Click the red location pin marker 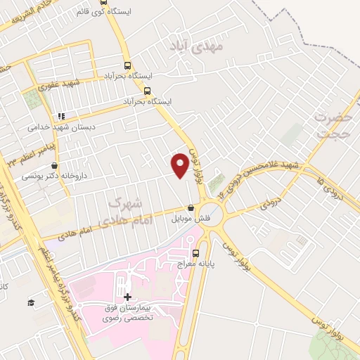pyautogui.click(x=180, y=165)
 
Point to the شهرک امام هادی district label pyautogui.click(x=122, y=210)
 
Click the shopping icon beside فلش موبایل pyautogui.click(x=191, y=207)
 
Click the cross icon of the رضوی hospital pyautogui.click(x=127, y=297)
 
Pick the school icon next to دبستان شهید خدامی pyautogui.click(x=60, y=116)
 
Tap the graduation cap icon pyautogui.click(x=30, y=302)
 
